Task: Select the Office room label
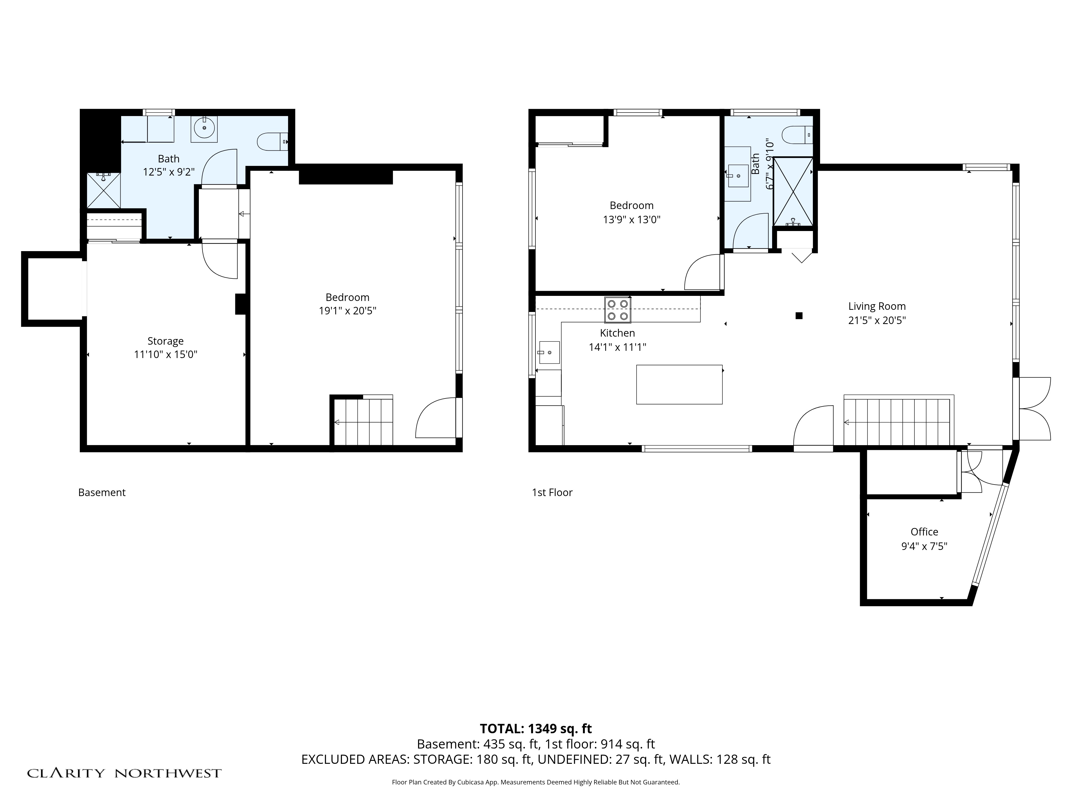(x=924, y=532)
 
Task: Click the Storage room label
(x=165, y=341)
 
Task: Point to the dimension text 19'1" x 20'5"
(x=348, y=311)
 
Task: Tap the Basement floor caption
(x=102, y=492)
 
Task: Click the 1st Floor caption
(x=552, y=492)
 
